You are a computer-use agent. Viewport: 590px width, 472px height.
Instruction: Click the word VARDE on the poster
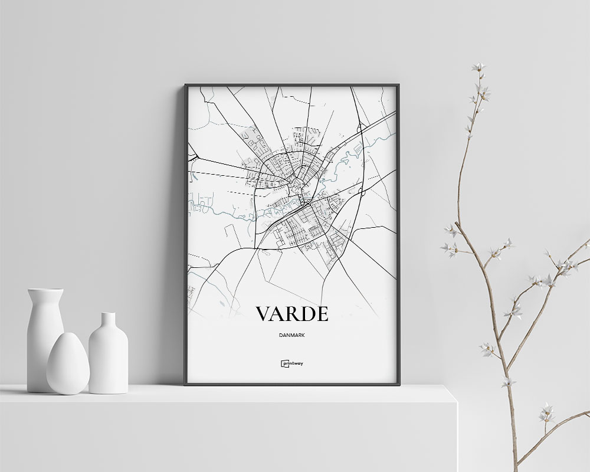(292, 314)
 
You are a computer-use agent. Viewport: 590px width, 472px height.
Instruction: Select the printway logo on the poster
(292, 364)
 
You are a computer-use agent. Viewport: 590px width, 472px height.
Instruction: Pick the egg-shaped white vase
(68, 364)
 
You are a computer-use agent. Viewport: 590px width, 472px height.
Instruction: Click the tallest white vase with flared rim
(45, 336)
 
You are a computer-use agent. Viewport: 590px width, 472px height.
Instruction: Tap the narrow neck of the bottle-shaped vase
(109, 322)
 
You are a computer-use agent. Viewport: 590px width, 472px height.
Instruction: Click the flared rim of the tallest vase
(45, 291)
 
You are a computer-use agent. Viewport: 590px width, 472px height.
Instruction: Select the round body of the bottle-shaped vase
(109, 360)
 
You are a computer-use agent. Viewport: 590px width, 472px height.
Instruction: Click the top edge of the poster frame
(292, 85)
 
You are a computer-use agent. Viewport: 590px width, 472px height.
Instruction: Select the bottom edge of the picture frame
(292, 384)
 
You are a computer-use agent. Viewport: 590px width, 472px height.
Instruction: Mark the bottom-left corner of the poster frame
(185, 384)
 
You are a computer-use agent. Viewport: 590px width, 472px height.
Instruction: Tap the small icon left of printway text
(284, 364)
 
